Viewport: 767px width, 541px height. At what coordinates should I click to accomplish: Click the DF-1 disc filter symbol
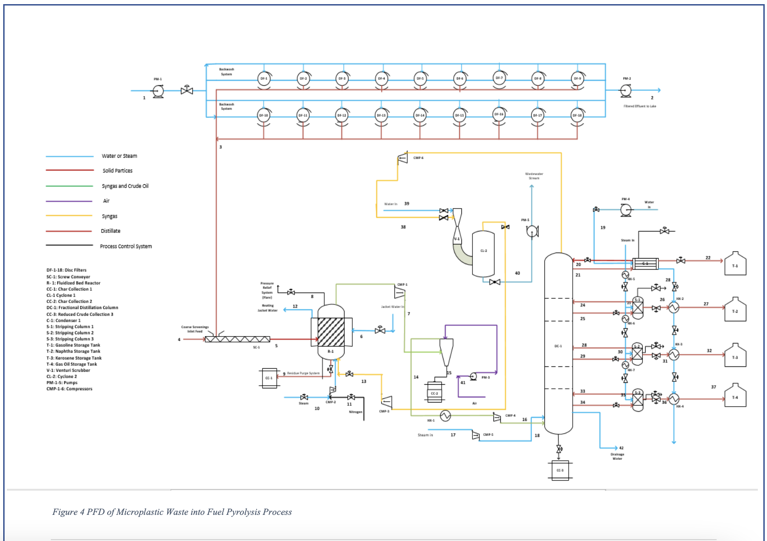(264, 79)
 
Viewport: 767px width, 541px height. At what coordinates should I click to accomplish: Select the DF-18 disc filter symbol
(577, 116)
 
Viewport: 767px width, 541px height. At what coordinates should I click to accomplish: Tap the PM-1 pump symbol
(158, 91)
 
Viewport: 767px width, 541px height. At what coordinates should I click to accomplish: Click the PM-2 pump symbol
(625, 91)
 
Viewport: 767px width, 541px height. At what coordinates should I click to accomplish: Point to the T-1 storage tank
(735, 265)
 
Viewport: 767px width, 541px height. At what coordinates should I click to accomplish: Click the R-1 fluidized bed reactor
(331, 332)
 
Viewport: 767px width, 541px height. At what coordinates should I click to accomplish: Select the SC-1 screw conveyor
(237, 339)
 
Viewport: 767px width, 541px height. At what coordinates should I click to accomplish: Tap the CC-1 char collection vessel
(269, 378)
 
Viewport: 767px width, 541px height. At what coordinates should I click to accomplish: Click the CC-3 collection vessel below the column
(560, 470)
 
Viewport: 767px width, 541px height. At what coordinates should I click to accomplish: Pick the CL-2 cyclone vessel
(483, 253)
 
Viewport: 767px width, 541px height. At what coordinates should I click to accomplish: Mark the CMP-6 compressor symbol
(402, 158)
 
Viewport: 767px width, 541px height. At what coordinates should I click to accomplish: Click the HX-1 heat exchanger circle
(445, 415)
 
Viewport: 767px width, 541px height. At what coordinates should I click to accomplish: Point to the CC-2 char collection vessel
(434, 392)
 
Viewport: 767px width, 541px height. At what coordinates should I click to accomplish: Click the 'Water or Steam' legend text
(120, 156)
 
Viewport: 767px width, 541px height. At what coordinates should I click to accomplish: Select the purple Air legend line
(69, 201)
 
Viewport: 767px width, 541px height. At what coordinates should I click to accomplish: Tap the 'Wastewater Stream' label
(534, 176)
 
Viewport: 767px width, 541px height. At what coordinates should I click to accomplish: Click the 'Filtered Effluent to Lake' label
(640, 106)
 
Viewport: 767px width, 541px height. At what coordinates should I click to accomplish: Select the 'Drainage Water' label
(617, 456)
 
